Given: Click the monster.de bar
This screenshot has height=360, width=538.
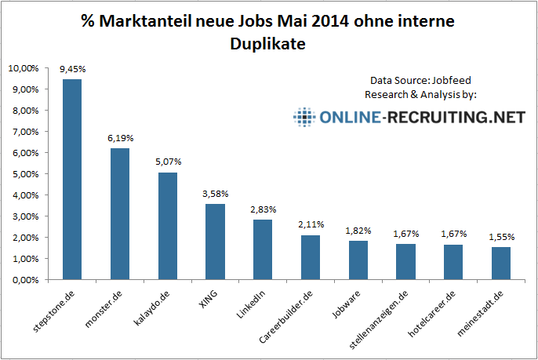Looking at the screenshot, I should pos(120,213).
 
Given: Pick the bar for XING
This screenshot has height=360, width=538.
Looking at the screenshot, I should pos(215,241).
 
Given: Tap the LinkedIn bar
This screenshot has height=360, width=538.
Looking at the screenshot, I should pos(263,249).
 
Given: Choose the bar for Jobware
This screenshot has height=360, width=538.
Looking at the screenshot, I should pos(358,260).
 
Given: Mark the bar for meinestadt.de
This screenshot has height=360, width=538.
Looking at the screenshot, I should pos(501,263).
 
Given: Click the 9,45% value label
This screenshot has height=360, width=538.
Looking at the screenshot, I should pos(72,69).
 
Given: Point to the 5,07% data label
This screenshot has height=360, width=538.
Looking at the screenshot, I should pos(167,162).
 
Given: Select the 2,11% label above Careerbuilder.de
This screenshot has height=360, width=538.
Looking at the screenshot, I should pos(310,224).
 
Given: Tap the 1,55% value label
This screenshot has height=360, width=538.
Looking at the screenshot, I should pos(501,236).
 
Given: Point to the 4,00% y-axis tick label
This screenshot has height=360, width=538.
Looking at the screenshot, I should pos(24,195).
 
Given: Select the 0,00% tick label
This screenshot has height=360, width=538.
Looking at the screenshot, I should pos(24,280).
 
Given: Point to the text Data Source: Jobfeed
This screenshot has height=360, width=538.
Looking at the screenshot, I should pos(421,81).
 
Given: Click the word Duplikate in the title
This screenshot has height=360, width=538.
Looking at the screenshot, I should pos(267,45).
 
